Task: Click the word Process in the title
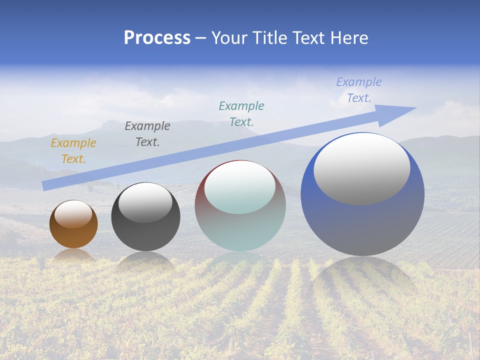coord(157,38)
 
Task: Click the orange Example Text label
coord(73,151)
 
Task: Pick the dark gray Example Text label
coord(147,134)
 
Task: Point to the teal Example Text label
coord(241,113)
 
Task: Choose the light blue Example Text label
coord(359,90)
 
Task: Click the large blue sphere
coord(362,225)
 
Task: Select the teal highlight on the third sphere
coord(240,187)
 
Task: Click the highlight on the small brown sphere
coord(73,214)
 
